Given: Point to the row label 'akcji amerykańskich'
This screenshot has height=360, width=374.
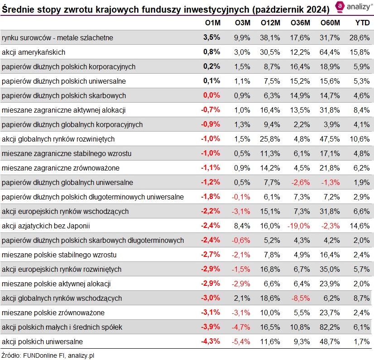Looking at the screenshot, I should point(34,52).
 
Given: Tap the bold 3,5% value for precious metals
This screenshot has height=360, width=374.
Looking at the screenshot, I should point(211,38).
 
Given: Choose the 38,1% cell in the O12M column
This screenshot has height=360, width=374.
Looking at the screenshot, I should point(270,38).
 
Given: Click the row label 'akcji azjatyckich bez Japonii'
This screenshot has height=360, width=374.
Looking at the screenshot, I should point(47,226).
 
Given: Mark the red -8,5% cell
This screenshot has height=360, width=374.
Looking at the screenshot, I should point(300,298).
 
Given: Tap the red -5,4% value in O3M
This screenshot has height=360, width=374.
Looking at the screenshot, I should point(241,341).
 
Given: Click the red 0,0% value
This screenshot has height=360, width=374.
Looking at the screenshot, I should point(211,95).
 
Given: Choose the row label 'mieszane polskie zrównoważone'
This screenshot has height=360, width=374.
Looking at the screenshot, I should point(53,313).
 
